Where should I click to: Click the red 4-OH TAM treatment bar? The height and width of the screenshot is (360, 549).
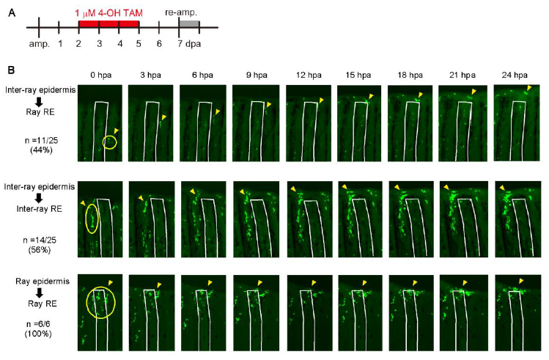[109, 23]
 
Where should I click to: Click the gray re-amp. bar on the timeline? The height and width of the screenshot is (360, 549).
[189, 23]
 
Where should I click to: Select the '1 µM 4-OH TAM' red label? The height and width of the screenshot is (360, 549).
[109, 13]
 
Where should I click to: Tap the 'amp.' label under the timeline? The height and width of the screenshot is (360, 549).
[40, 44]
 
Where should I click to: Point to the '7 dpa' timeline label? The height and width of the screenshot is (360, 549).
[189, 44]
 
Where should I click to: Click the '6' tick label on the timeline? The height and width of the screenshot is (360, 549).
[159, 44]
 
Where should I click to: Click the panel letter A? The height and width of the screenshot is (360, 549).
[12, 13]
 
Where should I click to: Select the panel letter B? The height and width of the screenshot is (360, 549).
[11, 70]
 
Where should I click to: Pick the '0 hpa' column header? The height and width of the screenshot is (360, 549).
[101, 75]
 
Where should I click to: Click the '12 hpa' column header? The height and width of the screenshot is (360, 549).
[309, 75]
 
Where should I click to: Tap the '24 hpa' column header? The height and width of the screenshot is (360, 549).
[515, 75]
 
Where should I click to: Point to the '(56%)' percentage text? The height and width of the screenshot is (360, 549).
[40, 250]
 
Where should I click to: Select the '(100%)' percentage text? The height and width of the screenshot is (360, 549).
[38, 334]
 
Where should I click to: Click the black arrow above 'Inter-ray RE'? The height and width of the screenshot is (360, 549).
[39, 198]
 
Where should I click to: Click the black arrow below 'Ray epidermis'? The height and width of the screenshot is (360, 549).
[40, 293]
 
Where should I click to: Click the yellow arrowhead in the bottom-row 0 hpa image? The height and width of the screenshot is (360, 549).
[111, 282]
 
